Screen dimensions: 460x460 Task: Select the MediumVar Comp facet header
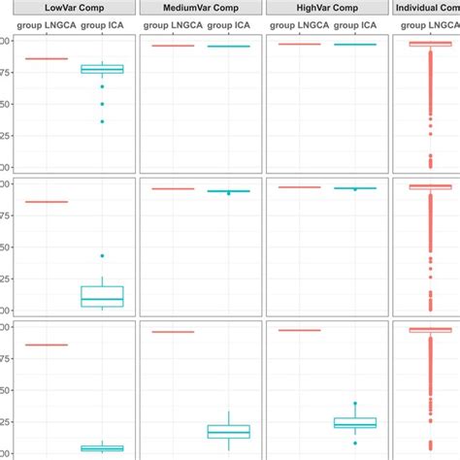pos(201,8)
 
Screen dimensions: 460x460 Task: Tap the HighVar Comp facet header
pos(327,8)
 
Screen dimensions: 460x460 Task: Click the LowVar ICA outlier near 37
pos(102,121)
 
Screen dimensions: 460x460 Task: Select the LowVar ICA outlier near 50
pos(102,104)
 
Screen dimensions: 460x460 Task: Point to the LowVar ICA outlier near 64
pos(102,87)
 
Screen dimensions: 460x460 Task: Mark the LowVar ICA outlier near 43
pos(102,256)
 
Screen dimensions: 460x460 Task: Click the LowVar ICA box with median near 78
pos(102,69)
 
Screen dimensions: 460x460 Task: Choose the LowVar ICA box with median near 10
pos(102,296)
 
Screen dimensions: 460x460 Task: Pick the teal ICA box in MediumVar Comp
pos(229,431)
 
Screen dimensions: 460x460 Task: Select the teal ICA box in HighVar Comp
pos(355,422)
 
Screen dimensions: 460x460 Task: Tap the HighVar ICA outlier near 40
pos(355,403)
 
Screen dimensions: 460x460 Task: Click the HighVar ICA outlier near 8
pos(355,443)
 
